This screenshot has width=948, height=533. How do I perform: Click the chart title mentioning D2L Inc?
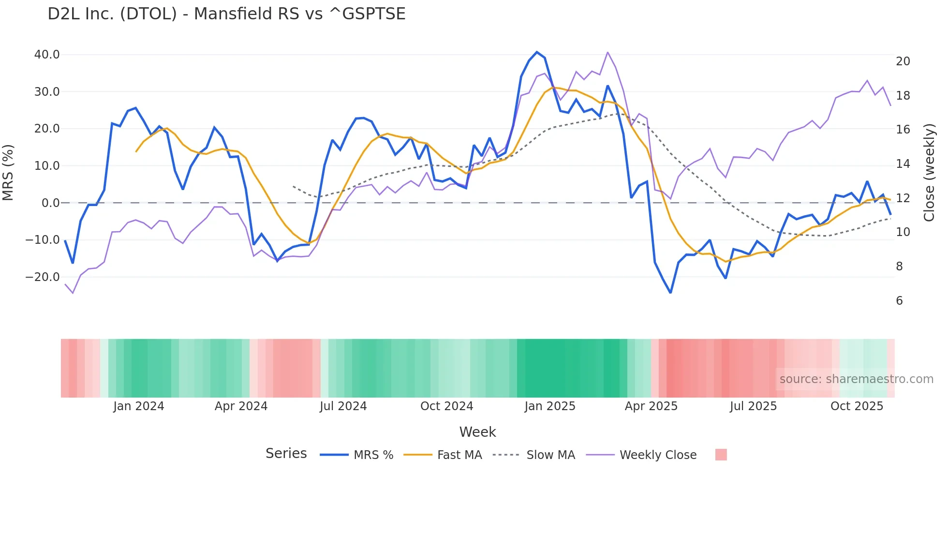[226, 14]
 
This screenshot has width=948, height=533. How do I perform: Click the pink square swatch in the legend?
[721, 455]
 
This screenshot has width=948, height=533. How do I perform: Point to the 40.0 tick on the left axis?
[47, 55]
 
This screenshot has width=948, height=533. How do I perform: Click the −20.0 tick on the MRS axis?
[43, 277]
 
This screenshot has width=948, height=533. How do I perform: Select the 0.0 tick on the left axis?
[50, 203]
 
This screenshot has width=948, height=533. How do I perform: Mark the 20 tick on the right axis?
[903, 61]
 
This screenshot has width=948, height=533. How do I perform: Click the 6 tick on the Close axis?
[899, 301]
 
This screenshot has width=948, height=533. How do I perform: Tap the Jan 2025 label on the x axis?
[550, 406]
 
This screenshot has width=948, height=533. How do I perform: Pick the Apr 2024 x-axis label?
[241, 406]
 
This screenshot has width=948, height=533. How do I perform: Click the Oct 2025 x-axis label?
[857, 406]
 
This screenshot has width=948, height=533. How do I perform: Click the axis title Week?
[477, 432]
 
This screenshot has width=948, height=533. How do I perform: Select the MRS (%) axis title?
[8, 173]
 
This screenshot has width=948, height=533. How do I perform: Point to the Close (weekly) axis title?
[929, 173]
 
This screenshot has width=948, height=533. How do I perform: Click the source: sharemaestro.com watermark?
[856, 379]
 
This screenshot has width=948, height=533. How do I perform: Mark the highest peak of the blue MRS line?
[537, 52]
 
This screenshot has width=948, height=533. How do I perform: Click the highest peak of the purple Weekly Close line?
[607, 52]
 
